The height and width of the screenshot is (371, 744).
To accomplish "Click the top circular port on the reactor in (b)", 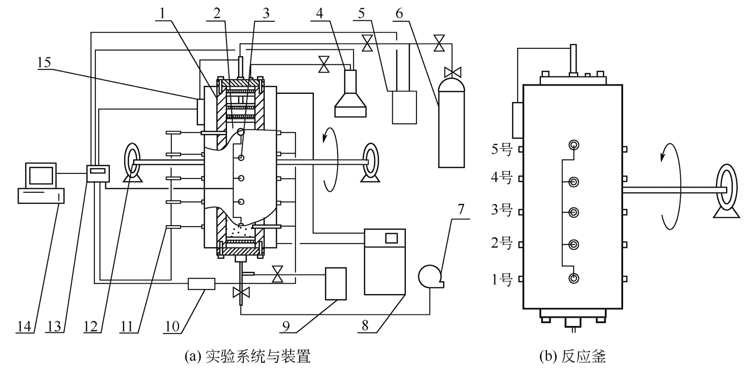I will pos(574,145).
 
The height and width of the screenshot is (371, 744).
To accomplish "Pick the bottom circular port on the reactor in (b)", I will pos(574,278).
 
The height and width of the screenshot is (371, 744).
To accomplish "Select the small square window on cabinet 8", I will pos(391,238).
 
